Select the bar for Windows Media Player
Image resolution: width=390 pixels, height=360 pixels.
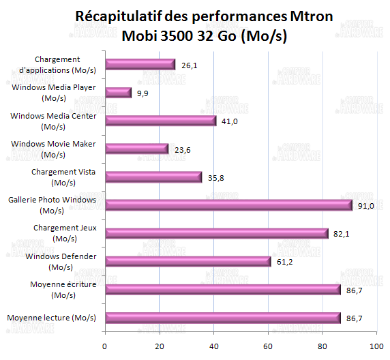(118, 93)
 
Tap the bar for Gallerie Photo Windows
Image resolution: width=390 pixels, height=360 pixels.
(228, 205)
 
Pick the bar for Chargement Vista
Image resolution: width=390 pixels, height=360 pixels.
(153, 177)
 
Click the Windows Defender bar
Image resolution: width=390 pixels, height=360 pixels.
(188, 261)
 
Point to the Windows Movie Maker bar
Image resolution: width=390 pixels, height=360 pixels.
(136, 149)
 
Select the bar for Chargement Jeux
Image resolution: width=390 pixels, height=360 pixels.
(216, 233)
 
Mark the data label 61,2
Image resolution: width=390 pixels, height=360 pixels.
(284, 261)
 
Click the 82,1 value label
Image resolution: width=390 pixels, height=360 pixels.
(341, 233)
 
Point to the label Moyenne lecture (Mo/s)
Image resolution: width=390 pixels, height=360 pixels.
(52, 318)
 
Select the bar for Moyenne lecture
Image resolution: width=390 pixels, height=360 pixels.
(222, 317)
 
